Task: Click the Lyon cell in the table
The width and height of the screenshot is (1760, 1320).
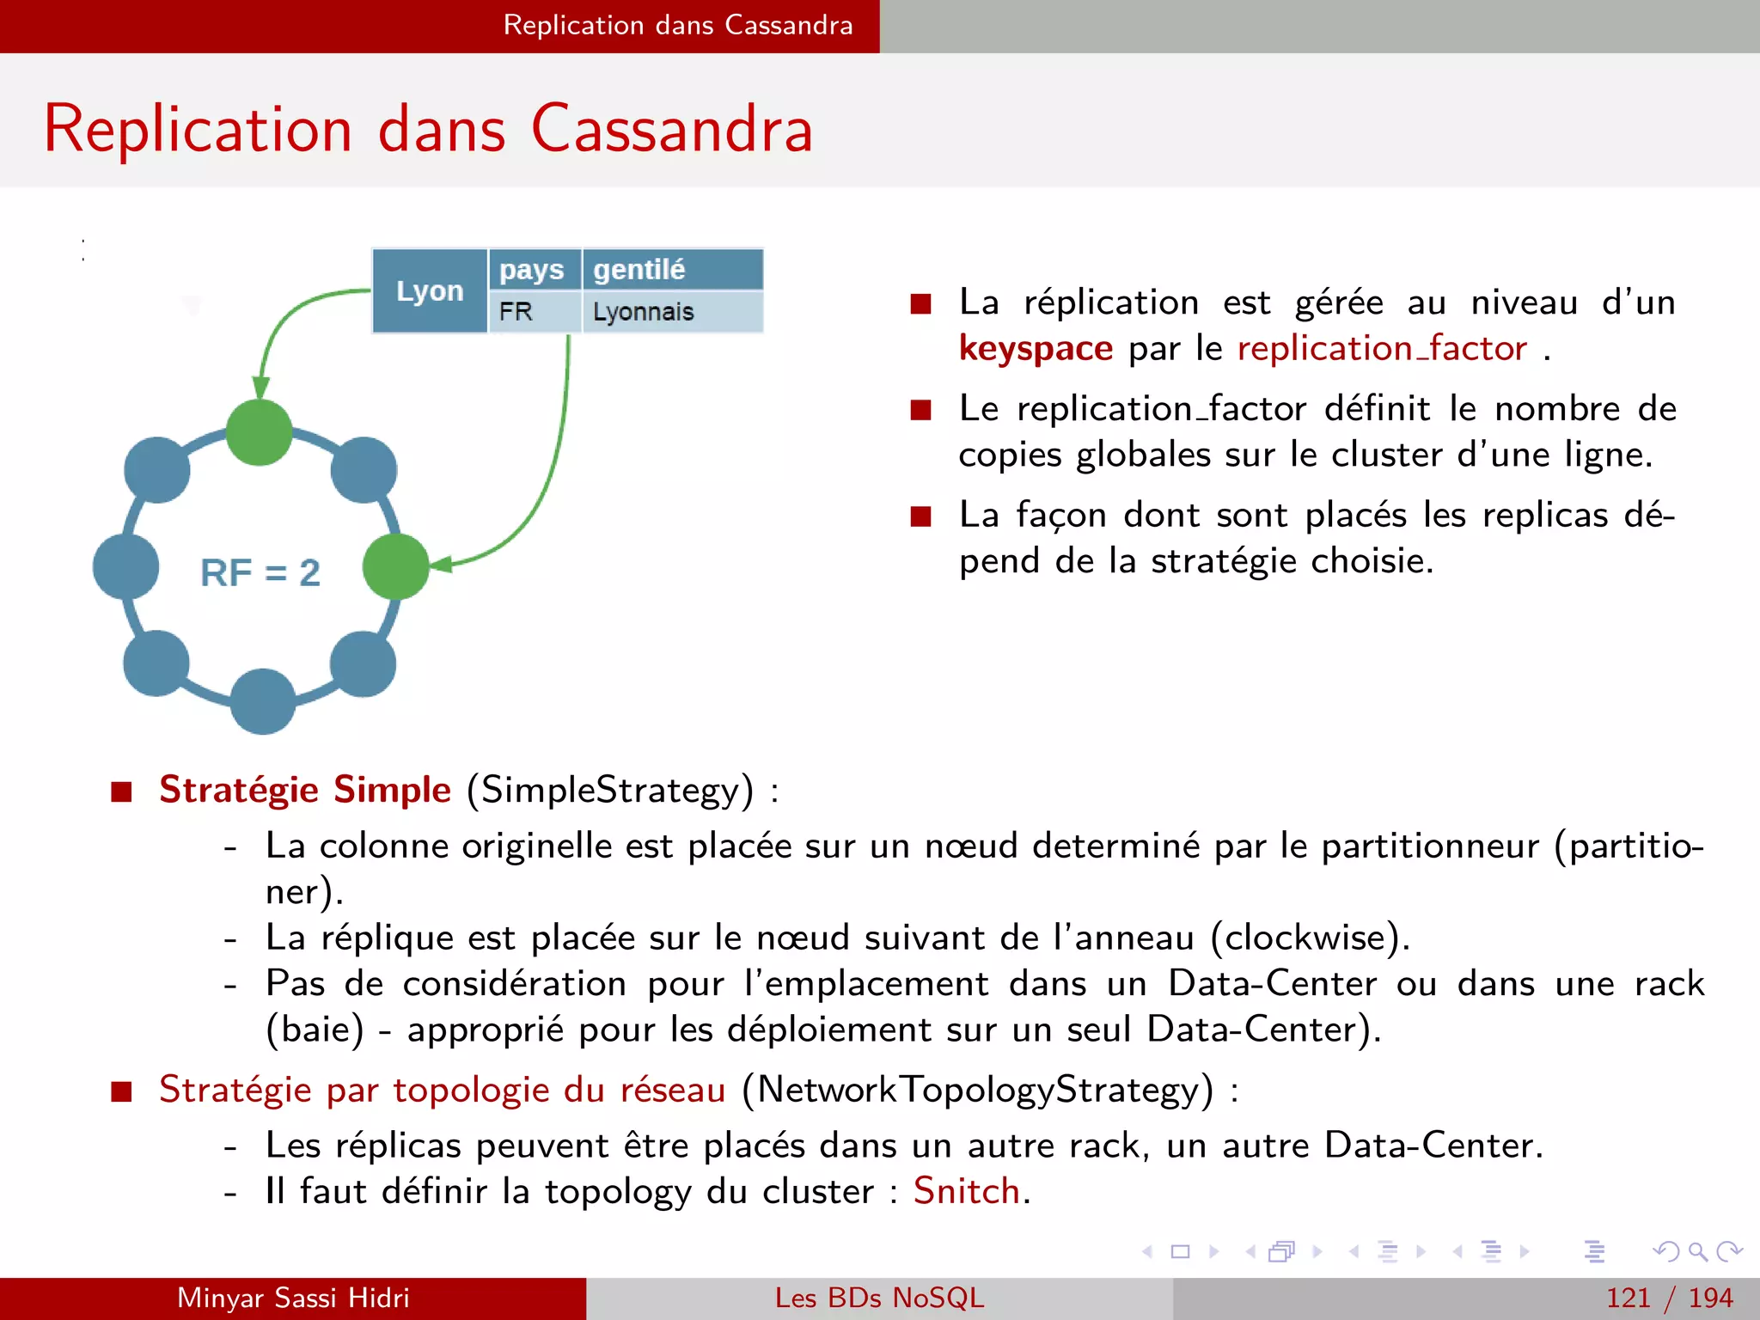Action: (x=430, y=290)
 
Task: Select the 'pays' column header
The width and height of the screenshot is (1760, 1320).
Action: (x=532, y=270)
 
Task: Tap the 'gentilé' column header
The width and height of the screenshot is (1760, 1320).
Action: (x=639, y=270)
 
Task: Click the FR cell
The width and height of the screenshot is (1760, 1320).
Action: (x=516, y=311)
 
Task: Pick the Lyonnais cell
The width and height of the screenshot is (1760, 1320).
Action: (x=643, y=311)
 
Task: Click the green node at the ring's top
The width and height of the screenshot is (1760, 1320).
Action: (x=260, y=432)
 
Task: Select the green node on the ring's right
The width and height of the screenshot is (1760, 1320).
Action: (x=395, y=566)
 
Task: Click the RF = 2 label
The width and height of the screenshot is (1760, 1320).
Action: (x=260, y=572)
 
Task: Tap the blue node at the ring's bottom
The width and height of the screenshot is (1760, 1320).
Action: (x=263, y=700)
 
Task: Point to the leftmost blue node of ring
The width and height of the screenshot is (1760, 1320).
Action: (x=125, y=566)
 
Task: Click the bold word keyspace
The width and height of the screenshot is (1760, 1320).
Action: (x=1036, y=349)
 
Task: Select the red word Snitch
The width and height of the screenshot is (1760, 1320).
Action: (x=966, y=1191)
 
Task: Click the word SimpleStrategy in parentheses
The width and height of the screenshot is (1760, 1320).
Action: (x=610, y=790)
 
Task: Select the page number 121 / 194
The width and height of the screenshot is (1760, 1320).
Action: (x=1669, y=1298)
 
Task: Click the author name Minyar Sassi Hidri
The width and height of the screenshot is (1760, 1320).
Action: (x=293, y=1298)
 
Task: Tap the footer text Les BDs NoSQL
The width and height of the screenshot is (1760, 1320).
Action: (x=879, y=1298)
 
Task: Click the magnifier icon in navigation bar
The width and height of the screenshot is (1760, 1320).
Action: (x=1697, y=1251)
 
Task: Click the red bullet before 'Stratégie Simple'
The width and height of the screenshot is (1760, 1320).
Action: (x=121, y=791)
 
